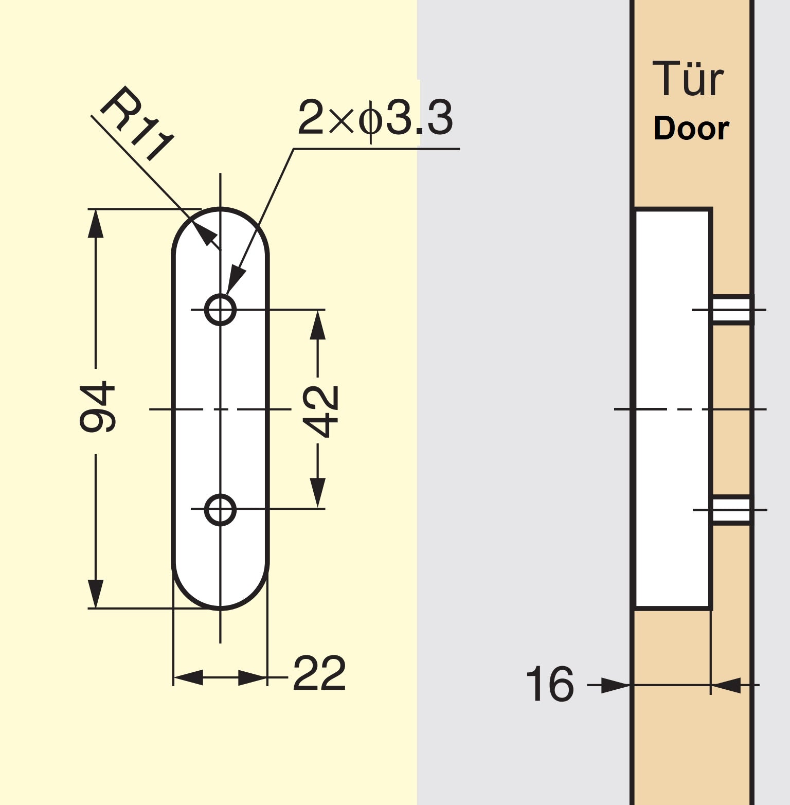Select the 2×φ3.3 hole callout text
coord(375,118)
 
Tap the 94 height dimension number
coord(98,406)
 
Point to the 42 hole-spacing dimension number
coord(320,412)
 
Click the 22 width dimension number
coord(319,673)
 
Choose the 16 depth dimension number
coord(550,684)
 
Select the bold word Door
coord(691,128)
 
